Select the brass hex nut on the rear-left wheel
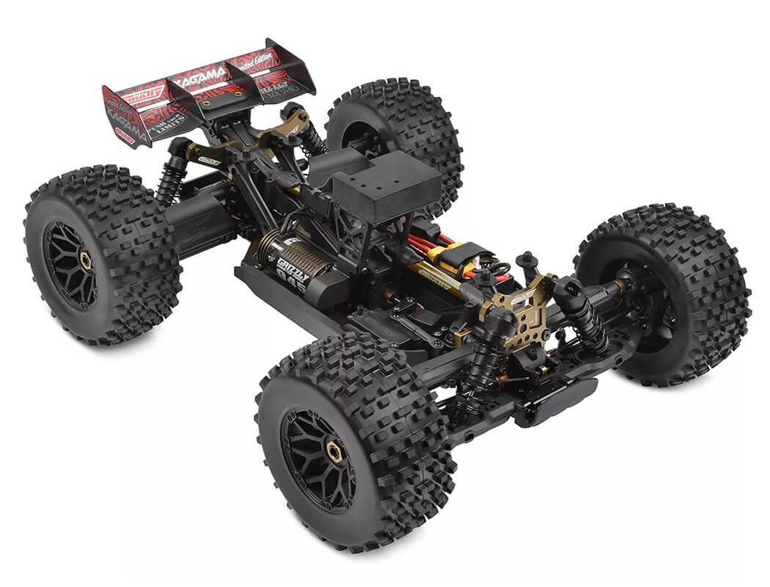click(87, 260)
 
